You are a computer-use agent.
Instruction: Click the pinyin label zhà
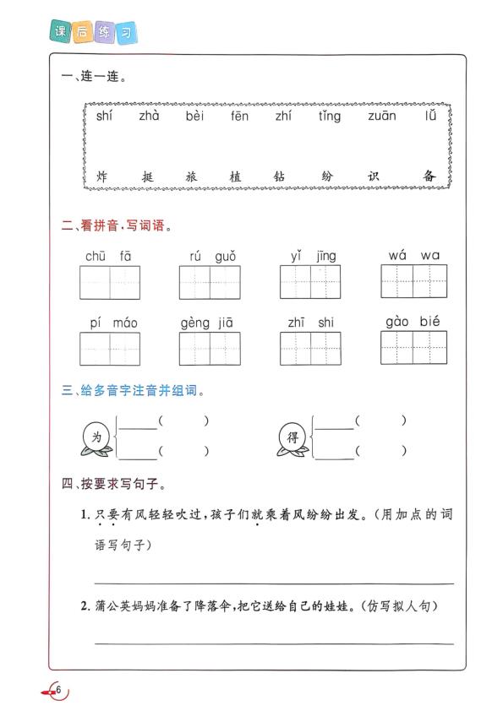pyautogui.click(x=149, y=117)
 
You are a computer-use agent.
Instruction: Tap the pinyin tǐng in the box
pyautogui.click(x=330, y=117)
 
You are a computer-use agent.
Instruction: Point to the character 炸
pyautogui.click(x=102, y=177)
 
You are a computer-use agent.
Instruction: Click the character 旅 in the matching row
pyautogui.click(x=191, y=177)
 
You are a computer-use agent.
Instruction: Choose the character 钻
pyautogui.click(x=282, y=177)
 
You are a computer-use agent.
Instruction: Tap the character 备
pyautogui.click(x=429, y=176)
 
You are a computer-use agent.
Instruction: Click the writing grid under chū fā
pyautogui.click(x=110, y=282)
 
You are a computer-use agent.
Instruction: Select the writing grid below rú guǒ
pyautogui.click(x=211, y=282)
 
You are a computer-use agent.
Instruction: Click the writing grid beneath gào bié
pyautogui.click(x=413, y=347)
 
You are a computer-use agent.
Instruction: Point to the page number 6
pyautogui.click(x=59, y=688)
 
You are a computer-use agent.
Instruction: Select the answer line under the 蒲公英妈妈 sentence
pyautogui.click(x=273, y=643)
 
